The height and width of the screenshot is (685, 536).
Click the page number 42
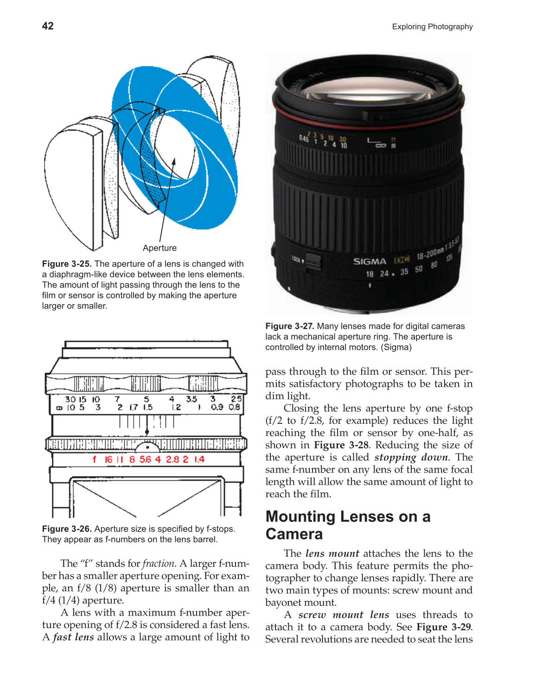(48, 26)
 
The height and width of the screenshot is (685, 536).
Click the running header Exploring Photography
(432, 27)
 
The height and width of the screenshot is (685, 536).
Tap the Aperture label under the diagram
(160, 248)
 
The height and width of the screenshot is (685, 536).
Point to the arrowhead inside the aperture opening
(174, 162)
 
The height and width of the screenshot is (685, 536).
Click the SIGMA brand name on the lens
(370, 261)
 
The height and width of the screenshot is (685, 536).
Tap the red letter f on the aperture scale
(95, 459)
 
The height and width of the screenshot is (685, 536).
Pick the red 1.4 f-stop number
(199, 459)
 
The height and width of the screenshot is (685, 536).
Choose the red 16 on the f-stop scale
(108, 459)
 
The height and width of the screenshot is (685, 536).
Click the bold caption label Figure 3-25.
(67, 264)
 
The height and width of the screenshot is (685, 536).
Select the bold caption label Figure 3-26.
(67, 529)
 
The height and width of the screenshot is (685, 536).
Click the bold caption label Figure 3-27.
(290, 327)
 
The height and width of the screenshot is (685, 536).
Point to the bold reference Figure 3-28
(341, 445)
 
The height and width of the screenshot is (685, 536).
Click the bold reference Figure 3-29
(444, 627)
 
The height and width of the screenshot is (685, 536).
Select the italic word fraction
(159, 564)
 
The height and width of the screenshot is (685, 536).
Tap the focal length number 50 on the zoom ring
(419, 269)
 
